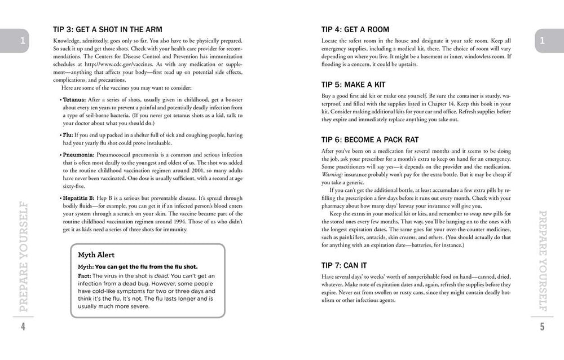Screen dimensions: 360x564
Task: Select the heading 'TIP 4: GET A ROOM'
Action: (x=355, y=29)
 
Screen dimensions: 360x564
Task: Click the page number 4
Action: (x=23, y=327)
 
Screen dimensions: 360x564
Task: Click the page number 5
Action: (x=542, y=327)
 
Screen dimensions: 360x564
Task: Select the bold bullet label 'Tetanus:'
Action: (x=74, y=99)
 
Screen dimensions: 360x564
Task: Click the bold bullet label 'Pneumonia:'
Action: (x=78, y=153)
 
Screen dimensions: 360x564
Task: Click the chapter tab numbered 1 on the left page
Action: (x=21, y=41)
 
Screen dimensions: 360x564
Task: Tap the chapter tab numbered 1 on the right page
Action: (x=542, y=41)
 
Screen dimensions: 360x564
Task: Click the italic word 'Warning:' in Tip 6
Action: (x=333, y=175)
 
